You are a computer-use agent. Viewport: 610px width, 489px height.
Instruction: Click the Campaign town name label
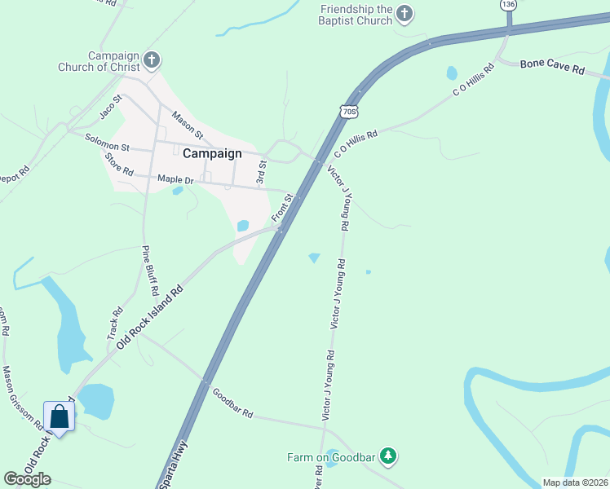(x=212, y=153)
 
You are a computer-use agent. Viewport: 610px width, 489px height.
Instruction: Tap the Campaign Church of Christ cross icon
(x=151, y=59)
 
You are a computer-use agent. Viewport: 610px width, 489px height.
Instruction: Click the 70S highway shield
(x=349, y=112)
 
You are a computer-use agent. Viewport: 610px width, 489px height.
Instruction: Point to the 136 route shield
(x=509, y=5)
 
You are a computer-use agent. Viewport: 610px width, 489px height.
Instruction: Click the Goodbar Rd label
(x=233, y=403)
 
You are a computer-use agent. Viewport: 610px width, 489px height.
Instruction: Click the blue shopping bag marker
(x=60, y=417)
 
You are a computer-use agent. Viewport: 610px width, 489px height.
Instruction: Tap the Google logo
(x=28, y=478)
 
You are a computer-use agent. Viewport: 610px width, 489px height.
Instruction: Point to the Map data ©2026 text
(x=575, y=482)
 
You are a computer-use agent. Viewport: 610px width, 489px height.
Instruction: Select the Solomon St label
(x=108, y=142)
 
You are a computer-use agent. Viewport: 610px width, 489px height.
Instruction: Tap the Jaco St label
(x=110, y=105)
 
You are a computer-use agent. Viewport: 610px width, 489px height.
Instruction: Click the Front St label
(x=281, y=208)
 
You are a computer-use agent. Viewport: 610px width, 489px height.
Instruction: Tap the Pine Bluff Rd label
(x=150, y=270)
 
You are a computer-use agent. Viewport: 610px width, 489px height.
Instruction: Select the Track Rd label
(x=115, y=324)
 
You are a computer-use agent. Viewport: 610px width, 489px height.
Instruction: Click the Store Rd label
(x=119, y=166)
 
